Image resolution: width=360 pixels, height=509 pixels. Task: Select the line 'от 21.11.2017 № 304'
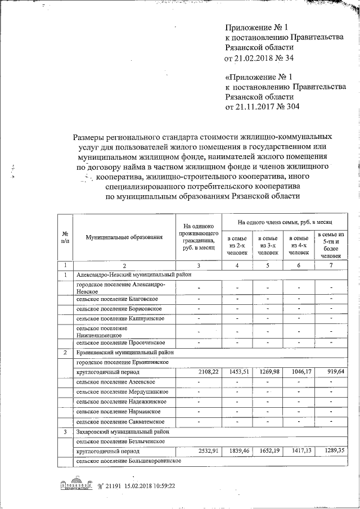pyautogui.click(x=262, y=106)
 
